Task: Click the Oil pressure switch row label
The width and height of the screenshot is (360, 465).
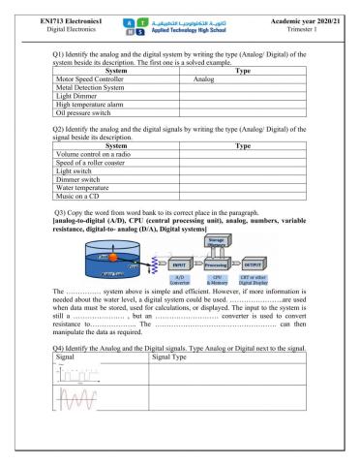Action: tap(90, 134)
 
